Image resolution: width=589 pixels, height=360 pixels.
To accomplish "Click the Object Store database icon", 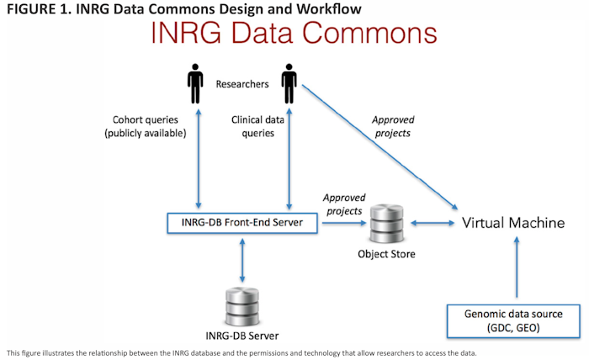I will coord(383,221).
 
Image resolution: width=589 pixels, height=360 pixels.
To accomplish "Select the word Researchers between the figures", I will coord(242,84).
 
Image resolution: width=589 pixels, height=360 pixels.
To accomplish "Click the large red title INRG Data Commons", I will coord(294,34).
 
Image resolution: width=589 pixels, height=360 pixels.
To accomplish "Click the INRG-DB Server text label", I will coord(242,336).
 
